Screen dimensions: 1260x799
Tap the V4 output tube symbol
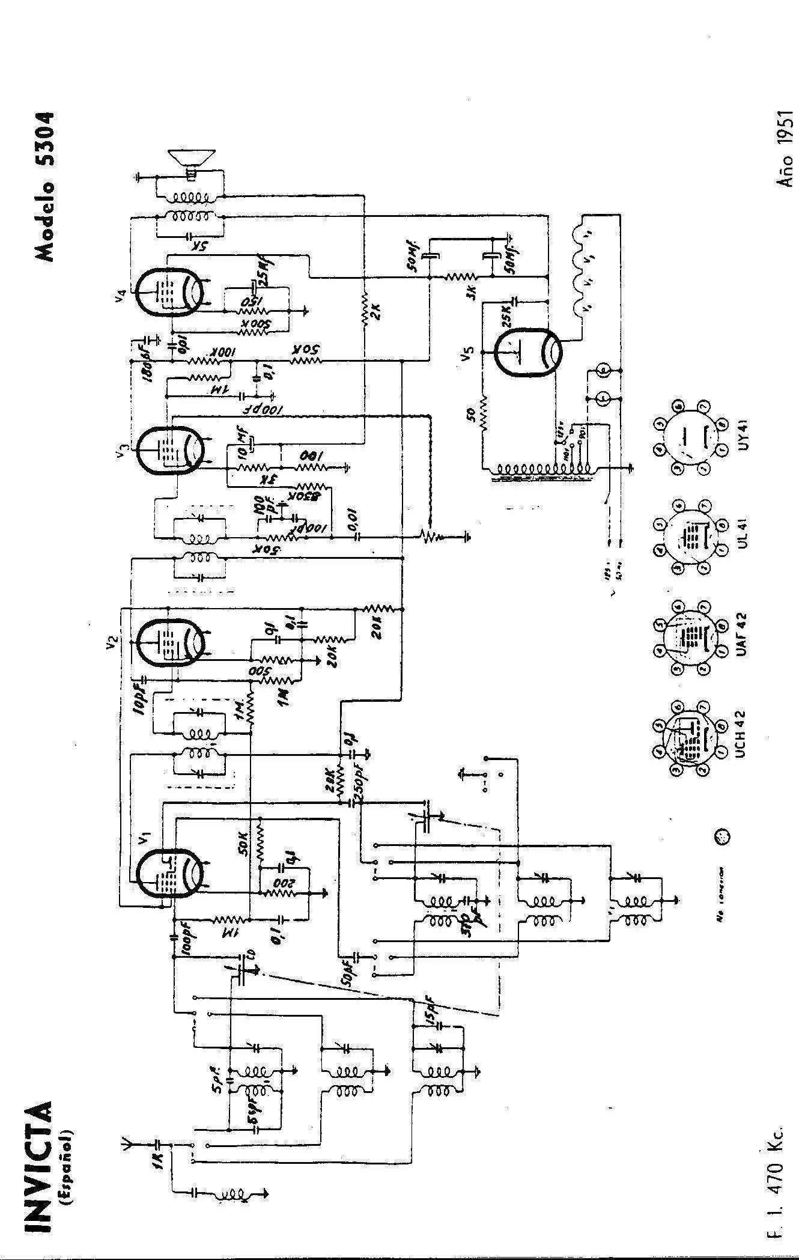(168, 291)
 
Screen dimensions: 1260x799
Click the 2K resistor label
(377, 312)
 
